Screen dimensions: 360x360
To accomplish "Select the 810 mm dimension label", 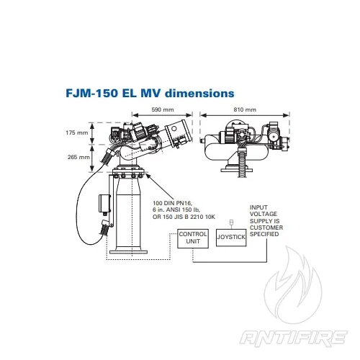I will click(245, 109).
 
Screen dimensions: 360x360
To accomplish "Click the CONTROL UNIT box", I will click(193, 238).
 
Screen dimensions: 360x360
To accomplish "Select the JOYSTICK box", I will click(230, 237).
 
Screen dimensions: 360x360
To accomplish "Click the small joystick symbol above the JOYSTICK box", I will click(230, 221).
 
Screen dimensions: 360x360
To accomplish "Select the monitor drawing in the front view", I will click(245, 144).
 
